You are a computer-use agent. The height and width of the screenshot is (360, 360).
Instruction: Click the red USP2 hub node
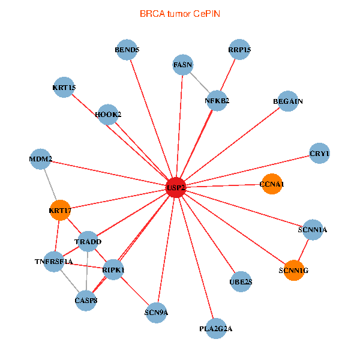tap(176, 187)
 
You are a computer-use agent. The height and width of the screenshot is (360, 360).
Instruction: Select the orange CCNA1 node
tap(272, 184)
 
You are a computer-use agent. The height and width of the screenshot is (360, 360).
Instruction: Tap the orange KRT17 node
tap(60, 210)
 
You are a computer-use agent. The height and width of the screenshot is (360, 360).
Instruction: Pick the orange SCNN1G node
tap(293, 270)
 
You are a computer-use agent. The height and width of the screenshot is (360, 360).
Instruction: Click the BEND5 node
tap(127, 50)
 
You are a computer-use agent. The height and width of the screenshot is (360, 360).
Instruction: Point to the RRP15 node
tap(239, 50)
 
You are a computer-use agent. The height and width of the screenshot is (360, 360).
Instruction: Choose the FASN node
tap(183, 65)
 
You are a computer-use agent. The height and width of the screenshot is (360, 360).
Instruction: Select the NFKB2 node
tap(217, 101)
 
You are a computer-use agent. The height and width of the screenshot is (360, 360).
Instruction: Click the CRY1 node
tap(319, 153)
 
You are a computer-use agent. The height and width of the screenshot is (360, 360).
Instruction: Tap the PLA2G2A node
tap(216, 329)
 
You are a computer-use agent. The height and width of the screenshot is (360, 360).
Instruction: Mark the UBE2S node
tap(241, 281)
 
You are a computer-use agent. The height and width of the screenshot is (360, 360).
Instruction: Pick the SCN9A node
tap(156, 313)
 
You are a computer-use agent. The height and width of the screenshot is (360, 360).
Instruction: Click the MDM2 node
tap(40, 159)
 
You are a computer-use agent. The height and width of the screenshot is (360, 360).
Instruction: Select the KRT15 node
tap(64, 87)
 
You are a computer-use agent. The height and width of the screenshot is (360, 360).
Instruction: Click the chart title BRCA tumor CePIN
tap(180, 14)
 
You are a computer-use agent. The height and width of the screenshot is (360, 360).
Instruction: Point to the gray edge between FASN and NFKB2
tap(200, 83)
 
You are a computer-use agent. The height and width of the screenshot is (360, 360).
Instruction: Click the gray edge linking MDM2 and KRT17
tap(50, 185)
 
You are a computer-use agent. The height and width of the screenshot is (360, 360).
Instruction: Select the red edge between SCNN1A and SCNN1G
tap(303, 250)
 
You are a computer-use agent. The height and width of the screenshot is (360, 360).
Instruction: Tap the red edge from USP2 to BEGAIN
tap(232, 144)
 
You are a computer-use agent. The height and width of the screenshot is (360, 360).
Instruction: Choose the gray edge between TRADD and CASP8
tap(87, 271)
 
